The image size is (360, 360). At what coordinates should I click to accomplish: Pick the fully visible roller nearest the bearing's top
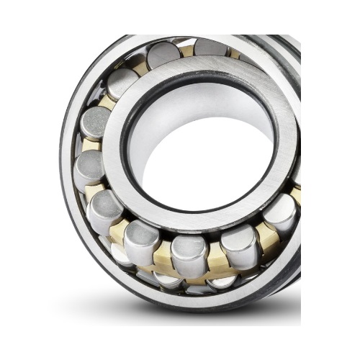(x=164, y=55)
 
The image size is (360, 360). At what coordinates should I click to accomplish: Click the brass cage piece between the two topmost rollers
(x=187, y=50)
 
